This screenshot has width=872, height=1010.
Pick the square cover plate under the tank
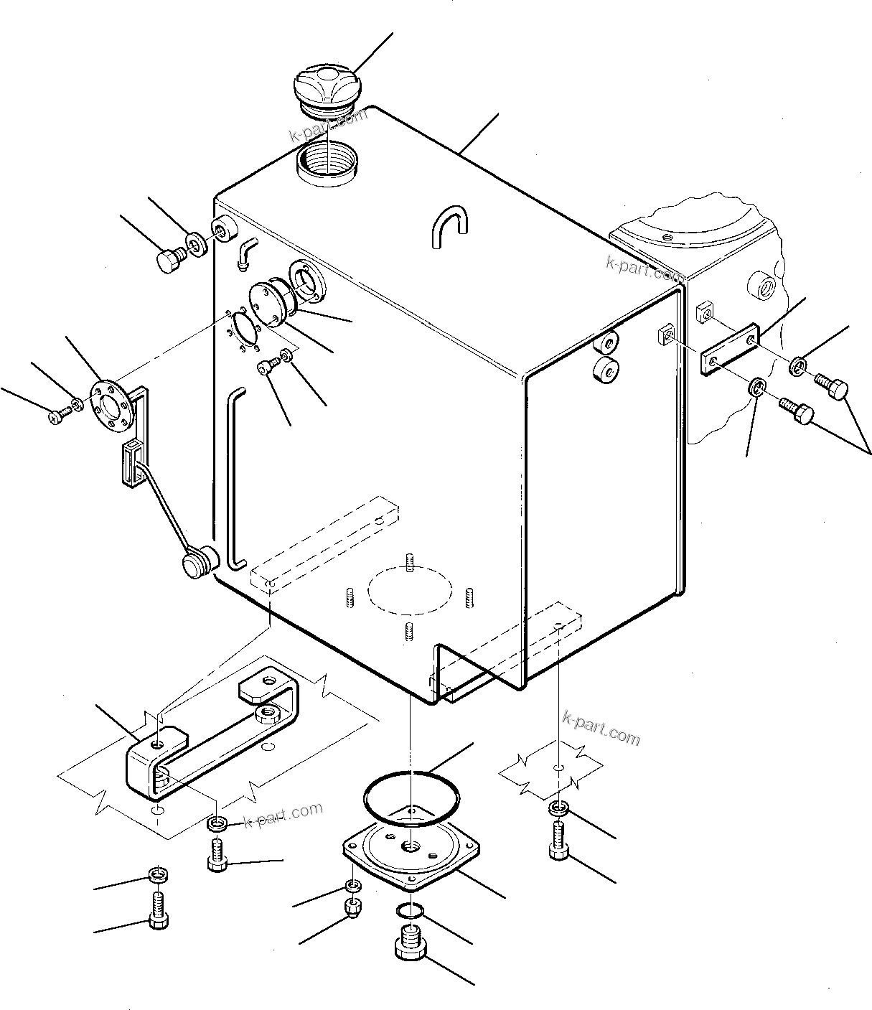pos(411,854)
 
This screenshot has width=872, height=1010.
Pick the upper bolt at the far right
pos(832,388)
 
